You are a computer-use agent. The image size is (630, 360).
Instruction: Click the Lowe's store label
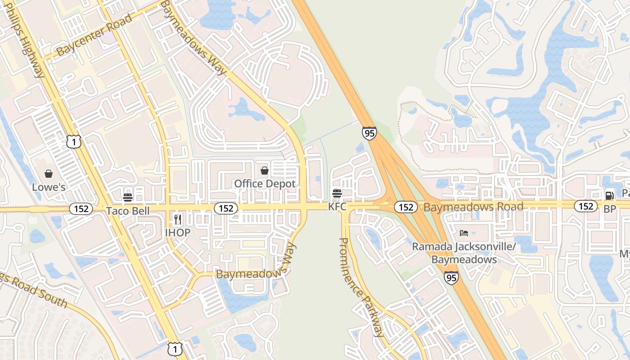click(x=49, y=187)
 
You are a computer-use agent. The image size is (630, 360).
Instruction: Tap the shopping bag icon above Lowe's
click(x=49, y=174)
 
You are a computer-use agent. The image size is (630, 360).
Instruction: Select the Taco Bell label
click(x=127, y=211)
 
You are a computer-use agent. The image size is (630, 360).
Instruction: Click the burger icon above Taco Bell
click(x=128, y=197)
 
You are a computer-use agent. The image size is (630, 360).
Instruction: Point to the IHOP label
click(x=177, y=232)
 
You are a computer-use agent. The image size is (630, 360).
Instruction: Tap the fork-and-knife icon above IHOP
click(x=178, y=220)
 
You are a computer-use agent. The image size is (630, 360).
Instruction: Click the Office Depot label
click(x=265, y=184)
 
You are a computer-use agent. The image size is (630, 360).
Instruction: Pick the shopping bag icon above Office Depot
click(x=265, y=171)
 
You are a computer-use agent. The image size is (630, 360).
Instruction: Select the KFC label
click(x=337, y=207)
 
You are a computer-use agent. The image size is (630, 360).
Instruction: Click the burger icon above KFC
click(x=337, y=193)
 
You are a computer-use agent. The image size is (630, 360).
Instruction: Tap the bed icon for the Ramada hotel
click(x=464, y=233)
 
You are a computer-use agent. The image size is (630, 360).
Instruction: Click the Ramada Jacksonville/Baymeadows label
click(x=464, y=253)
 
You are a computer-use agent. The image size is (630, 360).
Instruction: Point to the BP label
click(x=610, y=209)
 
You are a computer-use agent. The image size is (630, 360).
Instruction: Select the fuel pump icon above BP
click(x=610, y=195)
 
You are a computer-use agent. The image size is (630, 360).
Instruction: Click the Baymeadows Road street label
click(x=473, y=207)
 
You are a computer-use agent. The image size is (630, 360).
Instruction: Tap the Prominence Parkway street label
click(x=361, y=287)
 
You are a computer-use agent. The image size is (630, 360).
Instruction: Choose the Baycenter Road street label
click(x=94, y=35)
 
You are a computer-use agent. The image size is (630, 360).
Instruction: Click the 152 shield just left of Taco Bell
click(x=81, y=209)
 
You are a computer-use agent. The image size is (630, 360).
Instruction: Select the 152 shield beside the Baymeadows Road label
click(x=406, y=207)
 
